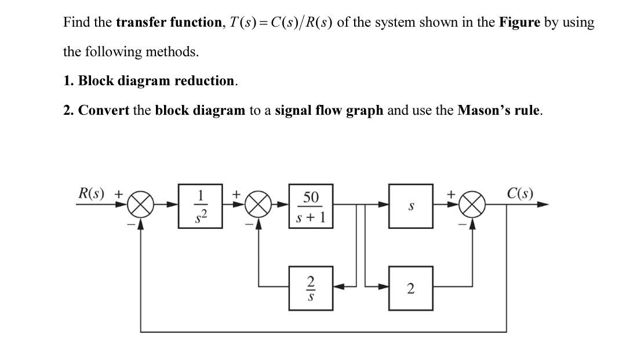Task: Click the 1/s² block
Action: click(x=201, y=206)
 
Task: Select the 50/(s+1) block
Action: click(x=311, y=206)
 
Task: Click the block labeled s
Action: click(x=411, y=206)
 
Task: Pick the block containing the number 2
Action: click(x=411, y=288)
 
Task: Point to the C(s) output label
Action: click(x=520, y=193)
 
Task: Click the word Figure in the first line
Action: click(x=519, y=23)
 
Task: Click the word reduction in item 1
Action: click(x=205, y=81)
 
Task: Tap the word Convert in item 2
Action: click(x=104, y=110)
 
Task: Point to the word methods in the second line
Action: click(x=172, y=52)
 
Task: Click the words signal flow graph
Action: click(x=329, y=110)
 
